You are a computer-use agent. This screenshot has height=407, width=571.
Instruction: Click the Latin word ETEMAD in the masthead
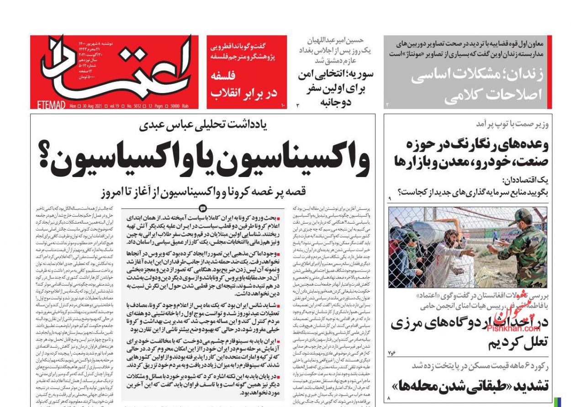pos(50,105)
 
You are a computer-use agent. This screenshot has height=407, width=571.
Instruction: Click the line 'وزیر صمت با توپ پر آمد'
pos(512,124)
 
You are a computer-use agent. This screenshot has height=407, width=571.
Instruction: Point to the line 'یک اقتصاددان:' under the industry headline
pos(525,180)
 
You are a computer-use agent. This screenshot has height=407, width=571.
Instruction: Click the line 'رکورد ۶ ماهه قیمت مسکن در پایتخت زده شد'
pos(480,365)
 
